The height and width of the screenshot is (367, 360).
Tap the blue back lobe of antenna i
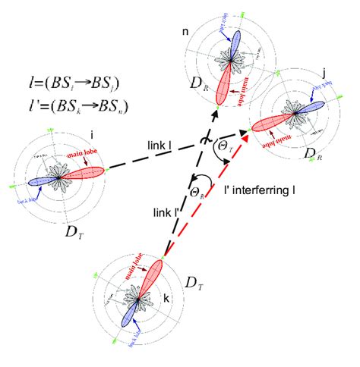pos(44,182)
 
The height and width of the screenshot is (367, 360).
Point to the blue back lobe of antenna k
pos(135,311)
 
